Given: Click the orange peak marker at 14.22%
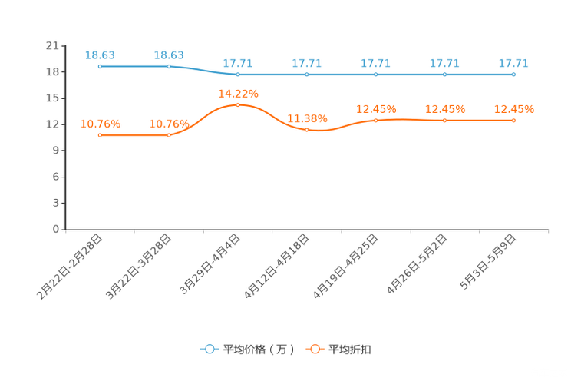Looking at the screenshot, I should (x=238, y=105).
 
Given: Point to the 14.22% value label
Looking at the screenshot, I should (x=239, y=93).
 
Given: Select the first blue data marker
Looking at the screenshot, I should (x=100, y=67).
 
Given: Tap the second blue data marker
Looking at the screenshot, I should (x=169, y=67).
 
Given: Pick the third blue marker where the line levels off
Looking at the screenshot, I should (x=238, y=75).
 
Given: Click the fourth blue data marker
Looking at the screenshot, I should (x=307, y=75).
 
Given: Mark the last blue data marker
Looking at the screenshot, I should (x=513, y=75).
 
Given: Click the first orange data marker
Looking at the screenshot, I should (x=100, y=135).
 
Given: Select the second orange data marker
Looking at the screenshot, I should (x=169, y=135).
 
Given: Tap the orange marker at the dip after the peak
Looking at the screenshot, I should (x=307, y=129).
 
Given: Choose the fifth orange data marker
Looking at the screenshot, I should (x=376, y=120).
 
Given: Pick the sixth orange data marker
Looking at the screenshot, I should (x=444, y=120).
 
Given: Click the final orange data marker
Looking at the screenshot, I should (x=513, y=120).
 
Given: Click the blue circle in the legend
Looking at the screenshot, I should (x=210, y=349).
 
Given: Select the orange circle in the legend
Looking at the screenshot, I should (x=315, y=349).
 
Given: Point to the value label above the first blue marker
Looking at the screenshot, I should (x=101, y=54).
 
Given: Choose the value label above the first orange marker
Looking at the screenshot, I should (x=101, y=123).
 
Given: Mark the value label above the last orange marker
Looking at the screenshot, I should (x=513, y=108).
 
